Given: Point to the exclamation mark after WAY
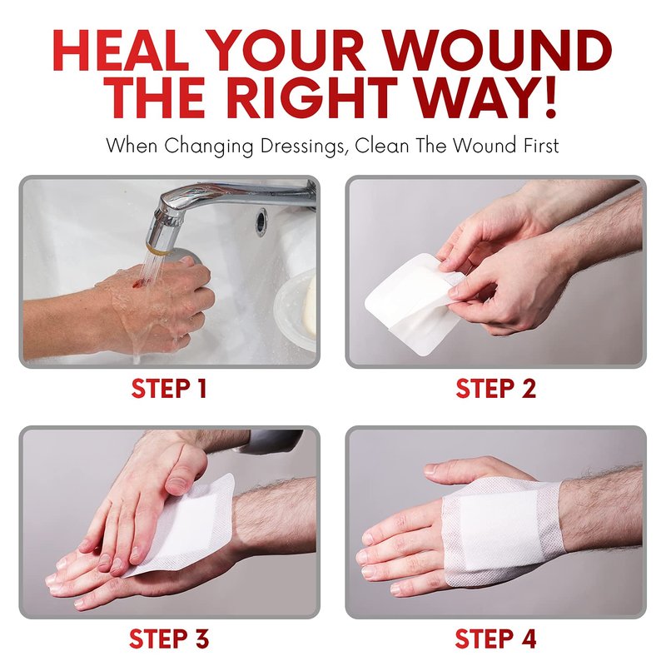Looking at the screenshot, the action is pyautogui.click(x=550, y=97).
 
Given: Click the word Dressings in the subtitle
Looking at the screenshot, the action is pyautogui.click(x=302, y=147).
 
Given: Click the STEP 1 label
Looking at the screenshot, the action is pyautogui.click(x=169, y=388).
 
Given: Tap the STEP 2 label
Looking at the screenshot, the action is pyautogui.click(x=495, y=388).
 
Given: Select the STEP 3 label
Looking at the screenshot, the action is pyautogui.click(x=169, y=639).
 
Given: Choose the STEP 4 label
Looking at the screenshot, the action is pyautogui.click(x=495, y=639).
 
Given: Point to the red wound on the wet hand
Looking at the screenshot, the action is pyautogui.click(x=137, y=281).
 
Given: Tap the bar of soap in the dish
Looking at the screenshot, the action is pyautogui.click(x=310, y=304).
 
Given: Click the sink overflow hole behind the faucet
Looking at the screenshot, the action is pyautogui.click(x=261, y=221).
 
